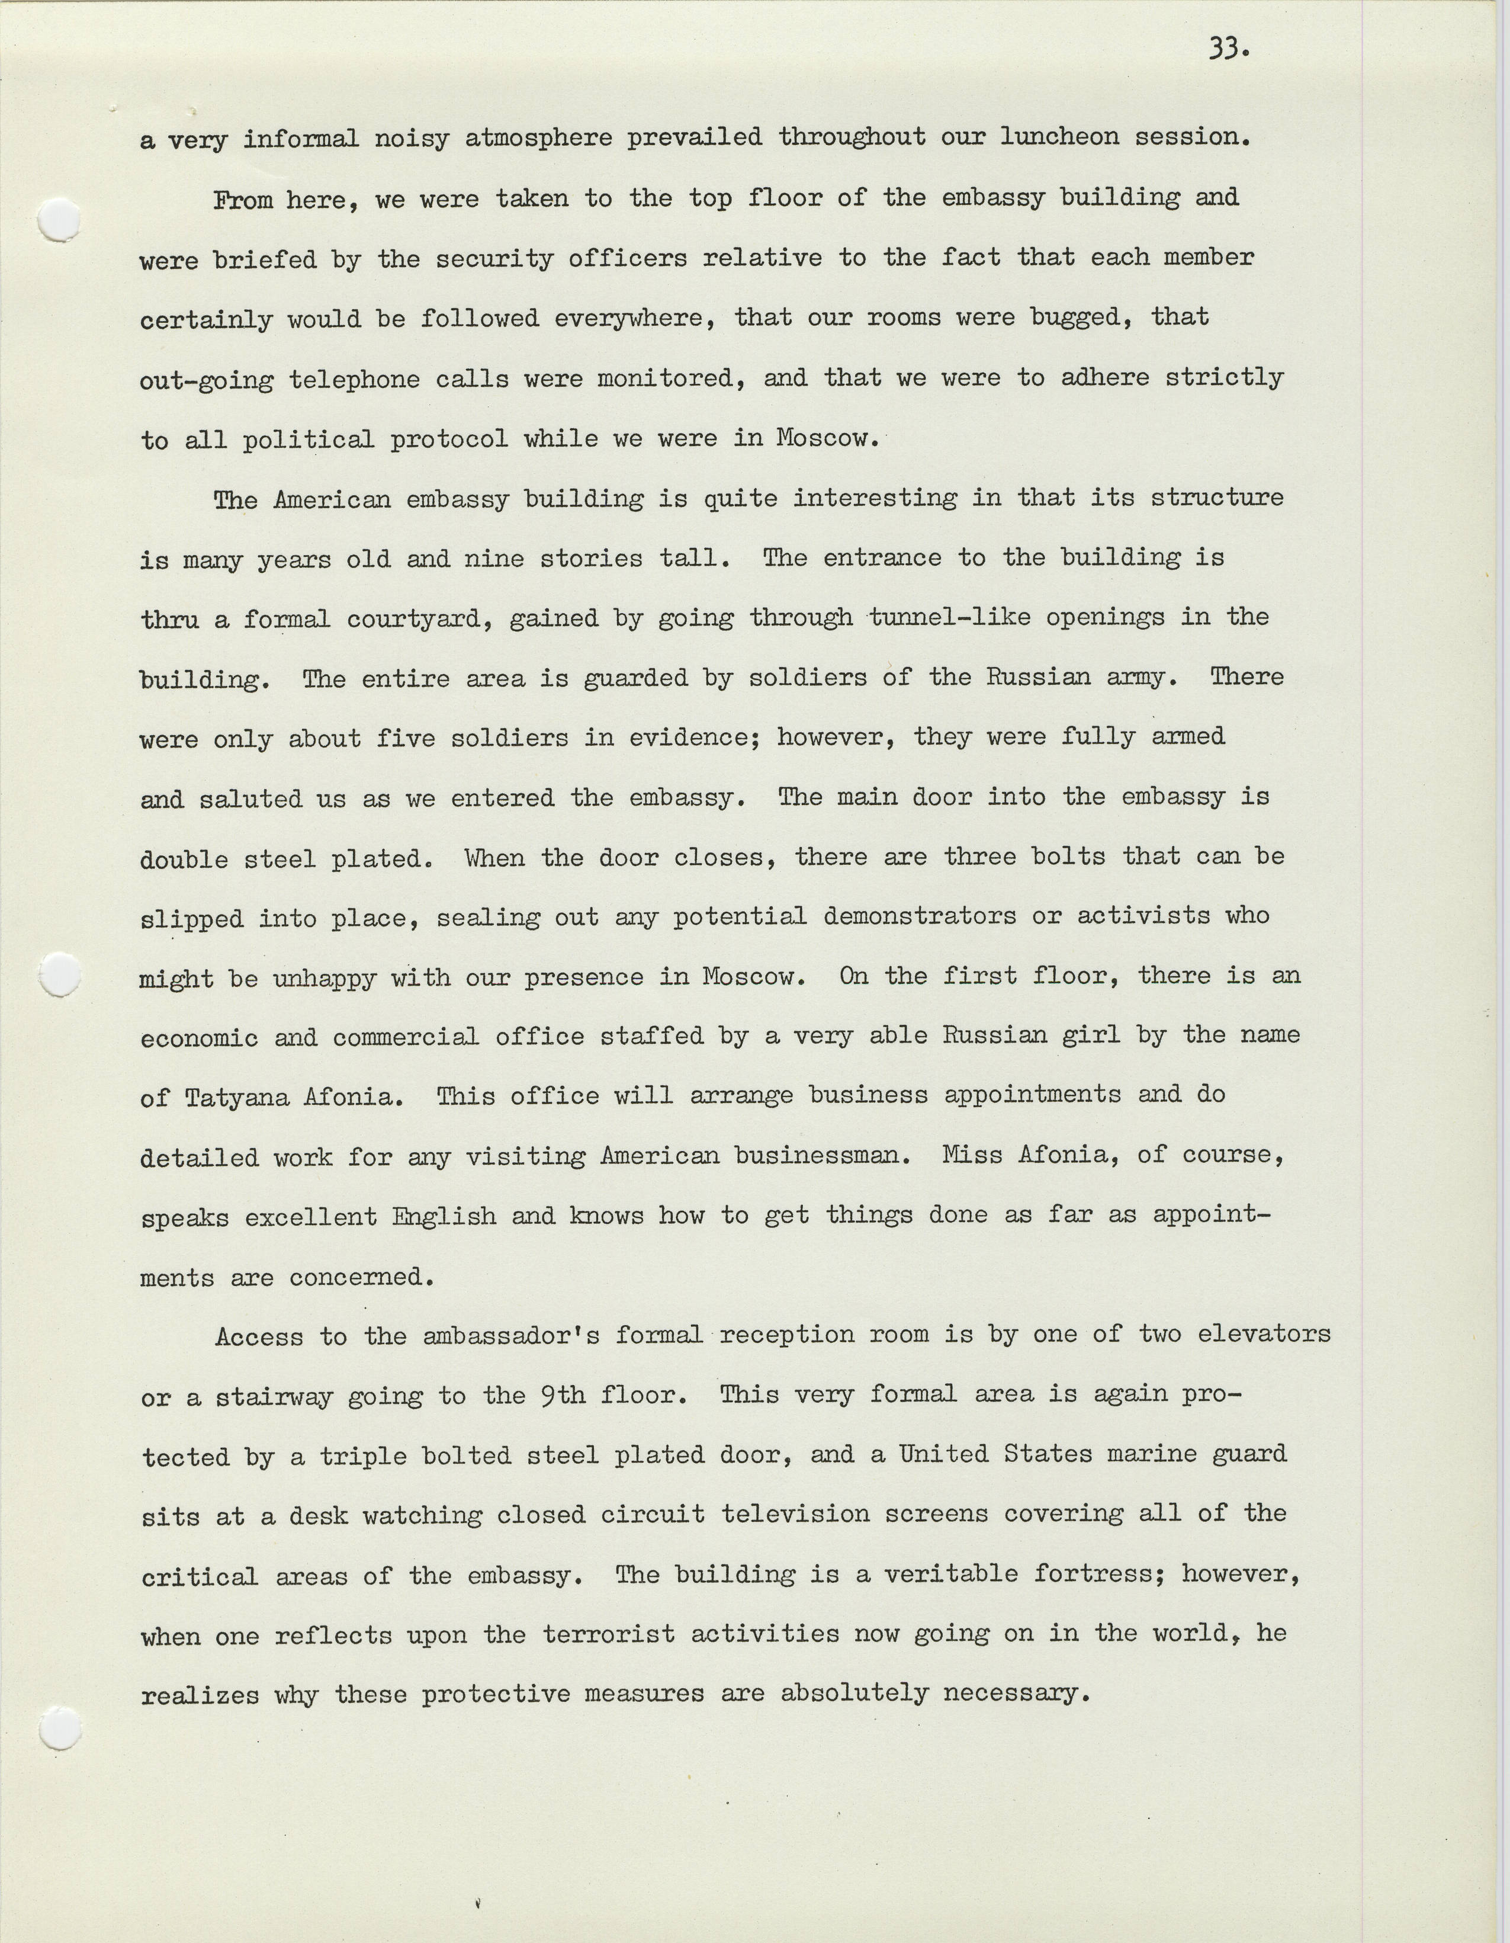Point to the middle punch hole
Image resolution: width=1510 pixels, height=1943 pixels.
tap(60, 976)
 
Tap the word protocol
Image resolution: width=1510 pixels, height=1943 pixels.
tap(449, 440)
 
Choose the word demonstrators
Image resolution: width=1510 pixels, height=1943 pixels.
tap(920, 916)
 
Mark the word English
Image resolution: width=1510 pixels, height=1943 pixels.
tap(444, 1216)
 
